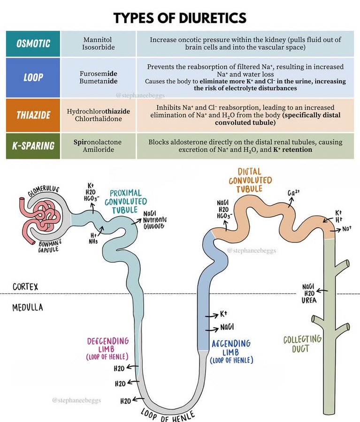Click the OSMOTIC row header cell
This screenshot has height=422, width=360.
coord(33,44)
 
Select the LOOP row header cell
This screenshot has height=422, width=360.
coord(33,77)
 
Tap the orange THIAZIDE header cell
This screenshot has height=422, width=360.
coord(33,115)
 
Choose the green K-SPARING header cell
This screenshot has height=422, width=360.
coord(33,146)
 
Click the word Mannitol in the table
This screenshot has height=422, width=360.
coord(98,39)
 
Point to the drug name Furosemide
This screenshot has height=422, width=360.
coord(99,74)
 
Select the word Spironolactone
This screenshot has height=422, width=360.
coord(98,142)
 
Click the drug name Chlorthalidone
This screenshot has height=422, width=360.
coord(99,119)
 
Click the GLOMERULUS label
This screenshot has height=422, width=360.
coord(44,191)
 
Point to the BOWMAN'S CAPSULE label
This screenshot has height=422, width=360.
coord(49,245)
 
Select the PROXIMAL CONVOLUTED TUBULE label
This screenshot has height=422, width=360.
coord(126,202)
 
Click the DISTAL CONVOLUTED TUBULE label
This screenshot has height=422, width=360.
coord(250,181)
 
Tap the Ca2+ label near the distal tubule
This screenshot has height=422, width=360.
coord(293,193)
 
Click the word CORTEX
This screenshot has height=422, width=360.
coord(25,286)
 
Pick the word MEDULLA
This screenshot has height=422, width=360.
coord(28,307)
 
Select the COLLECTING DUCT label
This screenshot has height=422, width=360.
coord(302,344)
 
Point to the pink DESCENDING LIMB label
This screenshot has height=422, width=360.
coord(107,349)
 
